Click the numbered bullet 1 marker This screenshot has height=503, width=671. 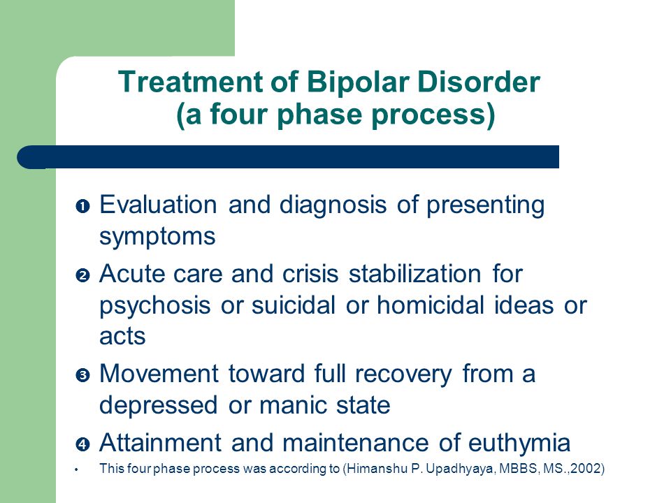click(82, 207)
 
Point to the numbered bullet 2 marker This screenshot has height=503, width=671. click(82, 275)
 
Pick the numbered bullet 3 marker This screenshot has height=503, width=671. click(82, 376)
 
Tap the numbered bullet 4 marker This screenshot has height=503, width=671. click(82, 444)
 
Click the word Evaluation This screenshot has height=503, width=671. click(159, 205)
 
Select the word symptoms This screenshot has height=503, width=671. click(157, 237)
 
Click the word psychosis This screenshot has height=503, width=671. click(155, 306)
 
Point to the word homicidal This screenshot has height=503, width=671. click(431, 305)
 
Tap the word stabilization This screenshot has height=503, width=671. click(415, 274)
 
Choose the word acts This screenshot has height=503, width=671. click(122, 337)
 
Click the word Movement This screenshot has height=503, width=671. click(159, 374)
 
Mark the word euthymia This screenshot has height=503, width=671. click(519, 443)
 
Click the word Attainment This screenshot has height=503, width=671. click(161, 442)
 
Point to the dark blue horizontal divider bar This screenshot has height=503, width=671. click(288, 157)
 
